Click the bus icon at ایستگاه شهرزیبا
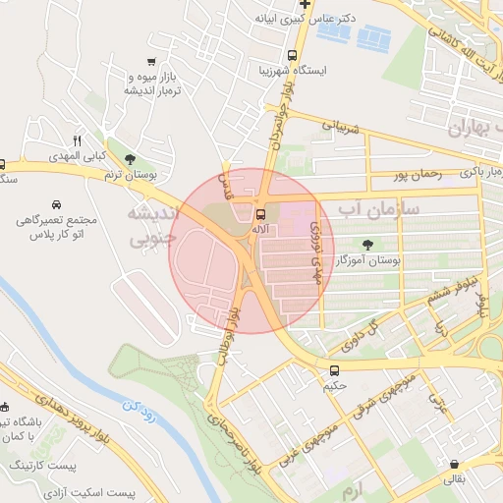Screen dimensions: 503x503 [292, 56]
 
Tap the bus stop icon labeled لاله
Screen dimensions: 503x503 [260, 214]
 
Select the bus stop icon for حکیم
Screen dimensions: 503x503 [335, 370]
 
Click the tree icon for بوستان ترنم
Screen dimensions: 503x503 [131, 158]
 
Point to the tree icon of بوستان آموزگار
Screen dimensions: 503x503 [367, 245]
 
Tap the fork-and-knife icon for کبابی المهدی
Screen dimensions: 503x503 [77, 140]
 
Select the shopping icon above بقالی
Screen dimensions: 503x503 [454, 464]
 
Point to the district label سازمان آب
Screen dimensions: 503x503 [378, 209]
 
